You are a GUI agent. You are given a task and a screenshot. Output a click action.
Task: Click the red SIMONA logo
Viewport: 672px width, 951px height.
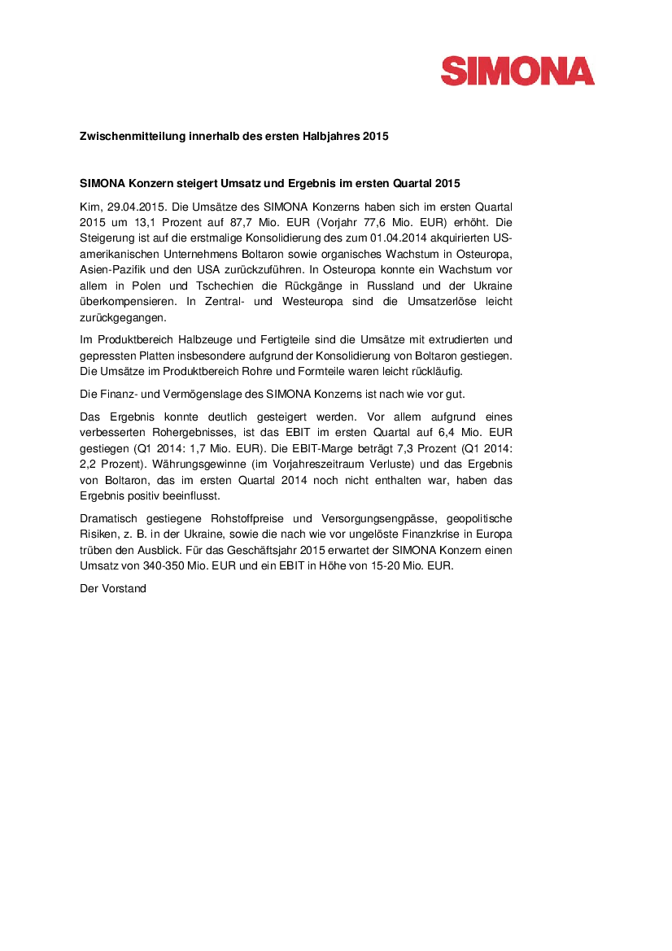coord(517,71)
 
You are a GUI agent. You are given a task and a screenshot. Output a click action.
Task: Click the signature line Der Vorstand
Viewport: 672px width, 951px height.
coord(112,588)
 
